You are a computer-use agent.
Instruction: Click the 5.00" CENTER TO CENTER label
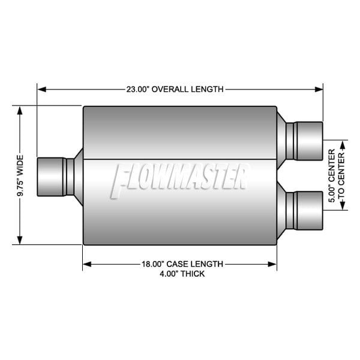tap(337, 175)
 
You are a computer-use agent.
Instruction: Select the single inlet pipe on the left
tap(53, 176)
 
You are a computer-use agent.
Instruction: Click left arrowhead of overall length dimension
tap(41, 89)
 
